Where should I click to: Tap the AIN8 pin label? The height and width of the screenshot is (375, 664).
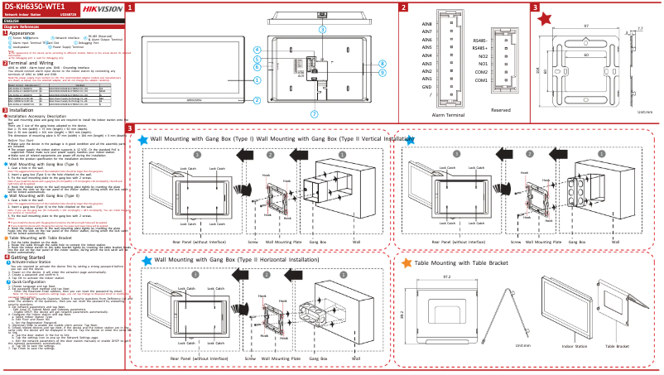click(427, 24)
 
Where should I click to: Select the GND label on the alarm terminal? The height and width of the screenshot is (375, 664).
click(426, 86)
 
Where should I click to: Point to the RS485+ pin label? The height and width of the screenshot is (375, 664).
click(479, 48)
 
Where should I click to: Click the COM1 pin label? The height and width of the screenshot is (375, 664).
click(481, 79)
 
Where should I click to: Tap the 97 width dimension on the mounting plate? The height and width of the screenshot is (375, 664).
click(586, 26)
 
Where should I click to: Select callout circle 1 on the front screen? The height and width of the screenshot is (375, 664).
click(257, 80)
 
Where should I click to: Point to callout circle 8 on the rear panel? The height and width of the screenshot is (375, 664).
click(382, 63)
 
